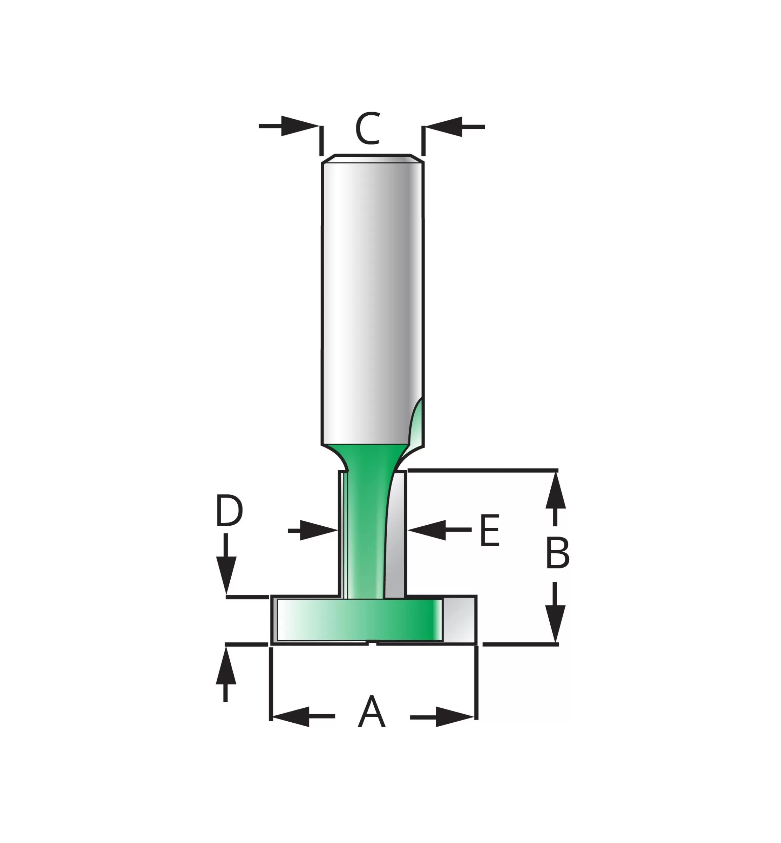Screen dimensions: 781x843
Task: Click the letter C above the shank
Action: tap(367, 128)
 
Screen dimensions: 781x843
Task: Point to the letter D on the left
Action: tap(229, 511)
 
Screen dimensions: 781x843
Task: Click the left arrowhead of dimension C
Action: tap(300, 126)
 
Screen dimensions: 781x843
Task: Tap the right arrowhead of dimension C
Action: tap(443, 126)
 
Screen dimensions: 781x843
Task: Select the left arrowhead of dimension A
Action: tap(291, 717)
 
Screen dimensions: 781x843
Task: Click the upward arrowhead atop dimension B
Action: tap(555, 491)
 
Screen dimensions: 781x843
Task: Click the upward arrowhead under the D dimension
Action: tap(226, 665)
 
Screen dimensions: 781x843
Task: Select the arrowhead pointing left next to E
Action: tap(427, 530)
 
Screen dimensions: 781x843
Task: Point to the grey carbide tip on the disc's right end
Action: tap(459, 619)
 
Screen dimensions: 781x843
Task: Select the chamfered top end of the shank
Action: tap(372, 158)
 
